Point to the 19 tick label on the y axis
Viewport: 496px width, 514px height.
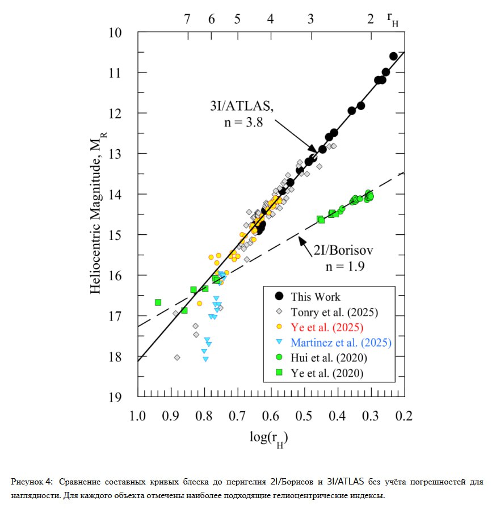click(x=115, y=397)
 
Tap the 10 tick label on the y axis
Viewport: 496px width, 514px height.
click(x=115, y=32)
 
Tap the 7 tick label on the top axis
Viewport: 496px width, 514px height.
click(x=187, y=19)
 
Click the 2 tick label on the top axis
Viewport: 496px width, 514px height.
click(x=371, y=19)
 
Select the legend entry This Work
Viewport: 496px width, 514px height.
click(x=316, y=297)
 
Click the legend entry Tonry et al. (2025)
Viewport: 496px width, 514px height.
click(x=334, y=312)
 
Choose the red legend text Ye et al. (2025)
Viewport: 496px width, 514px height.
click(x=327, y=327)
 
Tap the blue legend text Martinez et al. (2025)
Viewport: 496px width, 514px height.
click(x=341, y=343)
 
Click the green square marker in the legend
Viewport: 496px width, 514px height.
click(x=279, y=373)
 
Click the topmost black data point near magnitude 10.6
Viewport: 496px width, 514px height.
click(x=393, y=56)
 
